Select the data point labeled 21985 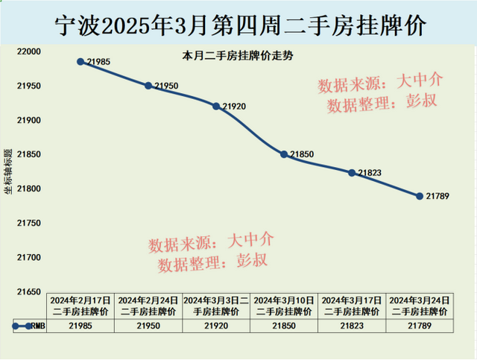80,62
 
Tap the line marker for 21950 148,86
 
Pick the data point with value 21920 216,106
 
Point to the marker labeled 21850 284,154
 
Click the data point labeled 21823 352,173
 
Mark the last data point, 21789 420,196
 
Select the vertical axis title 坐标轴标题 8,171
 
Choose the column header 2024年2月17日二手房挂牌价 80,305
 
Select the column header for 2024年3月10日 284,305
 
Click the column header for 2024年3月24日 420,305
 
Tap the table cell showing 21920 216,326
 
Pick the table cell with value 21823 352,326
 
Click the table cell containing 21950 148,326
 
